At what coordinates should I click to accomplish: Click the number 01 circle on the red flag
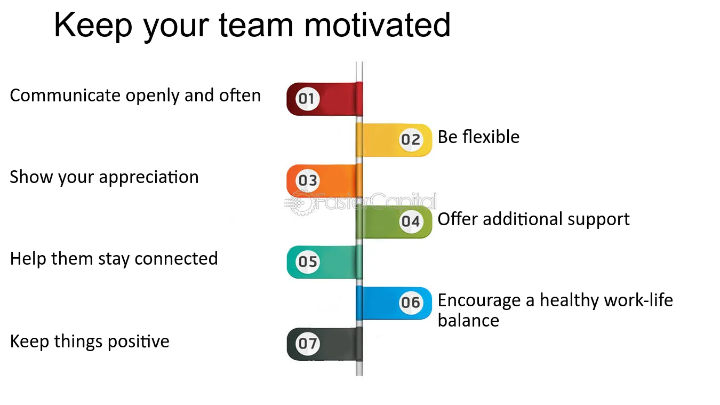coord(307,99)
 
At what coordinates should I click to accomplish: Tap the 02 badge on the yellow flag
coord(411,139)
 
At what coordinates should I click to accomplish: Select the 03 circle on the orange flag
coord(307,180)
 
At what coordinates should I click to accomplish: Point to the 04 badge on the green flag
coord(411,221)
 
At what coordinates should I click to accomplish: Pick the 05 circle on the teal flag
coord(307,262)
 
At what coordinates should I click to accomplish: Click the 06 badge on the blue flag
coord(411,303)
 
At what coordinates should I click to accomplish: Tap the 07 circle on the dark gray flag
coord(307,344)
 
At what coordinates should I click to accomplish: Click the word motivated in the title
coord(378,25)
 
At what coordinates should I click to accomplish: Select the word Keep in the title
coord(93,25)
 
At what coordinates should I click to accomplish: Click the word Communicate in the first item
coord(65,96)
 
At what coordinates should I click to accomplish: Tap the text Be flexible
coord(478,137)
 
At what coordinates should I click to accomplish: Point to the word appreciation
coord(149,178)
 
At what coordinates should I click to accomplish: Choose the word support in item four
coord(598,220)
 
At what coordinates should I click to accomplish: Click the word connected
coord(176,259)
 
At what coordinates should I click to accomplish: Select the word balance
coord(468,320)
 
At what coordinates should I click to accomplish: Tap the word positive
coord(139,342)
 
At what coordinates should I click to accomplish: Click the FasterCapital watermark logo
coord(361,202)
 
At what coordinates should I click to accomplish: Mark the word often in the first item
coord(240,96)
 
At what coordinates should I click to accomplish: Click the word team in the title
coord(256,25)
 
